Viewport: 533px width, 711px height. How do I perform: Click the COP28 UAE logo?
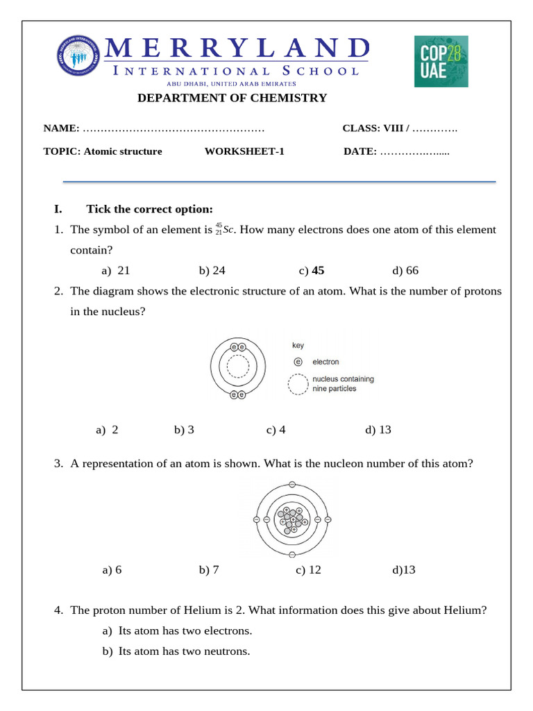tap(441, 62)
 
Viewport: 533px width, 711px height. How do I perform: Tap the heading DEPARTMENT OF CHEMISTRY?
tap(232, 98)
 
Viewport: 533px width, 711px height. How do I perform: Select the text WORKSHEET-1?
tap(244, 151)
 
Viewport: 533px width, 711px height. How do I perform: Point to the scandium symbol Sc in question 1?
tap(230, 230)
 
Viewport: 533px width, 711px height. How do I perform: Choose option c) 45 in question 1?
tap(312, 271)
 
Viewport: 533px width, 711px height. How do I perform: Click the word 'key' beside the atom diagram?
tap(297, 345)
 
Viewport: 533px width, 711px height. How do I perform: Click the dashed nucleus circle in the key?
tap(298, 384)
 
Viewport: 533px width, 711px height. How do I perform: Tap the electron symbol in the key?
tap(298, 362)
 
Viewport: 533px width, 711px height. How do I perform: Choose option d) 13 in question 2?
tap(378, 430)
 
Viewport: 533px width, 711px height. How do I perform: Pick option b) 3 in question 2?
tap(184, 430)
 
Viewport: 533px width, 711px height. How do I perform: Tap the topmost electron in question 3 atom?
tap(292, 484)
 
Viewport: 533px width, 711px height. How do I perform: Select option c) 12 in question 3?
tap(308, 570)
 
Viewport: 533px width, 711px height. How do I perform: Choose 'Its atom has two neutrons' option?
tap(183, 651)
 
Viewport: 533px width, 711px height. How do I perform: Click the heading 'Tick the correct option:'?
tap(149, 209)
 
